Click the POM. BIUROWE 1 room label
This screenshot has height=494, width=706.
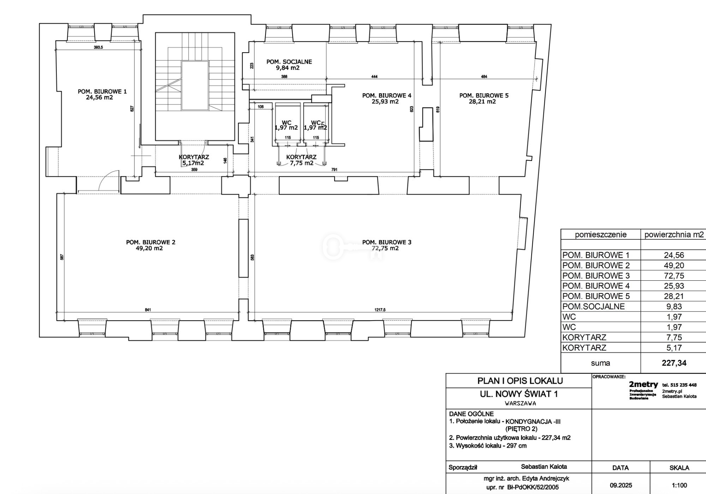point(102,91)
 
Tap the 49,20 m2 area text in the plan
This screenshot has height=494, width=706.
point(146,248)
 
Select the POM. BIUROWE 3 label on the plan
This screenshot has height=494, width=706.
point(387,242)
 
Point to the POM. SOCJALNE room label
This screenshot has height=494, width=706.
point(289,62)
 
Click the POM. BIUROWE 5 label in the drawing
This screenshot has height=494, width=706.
point(484,95)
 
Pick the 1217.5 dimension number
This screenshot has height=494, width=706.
point(380,310)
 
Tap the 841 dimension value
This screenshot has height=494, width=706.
point(148,310)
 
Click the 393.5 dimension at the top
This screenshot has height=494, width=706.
point(98,47)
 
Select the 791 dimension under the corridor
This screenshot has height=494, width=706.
point(334,170)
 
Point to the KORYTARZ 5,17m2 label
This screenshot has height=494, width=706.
point(194,160)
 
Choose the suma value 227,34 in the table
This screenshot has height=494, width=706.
point(674,363)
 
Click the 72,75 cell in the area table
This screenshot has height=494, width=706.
point(674,275)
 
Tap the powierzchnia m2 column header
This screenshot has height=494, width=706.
point(674,235)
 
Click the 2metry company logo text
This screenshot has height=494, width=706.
point(644,385)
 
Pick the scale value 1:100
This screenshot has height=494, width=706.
point(679,486)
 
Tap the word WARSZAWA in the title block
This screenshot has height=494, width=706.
point(520,404)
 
